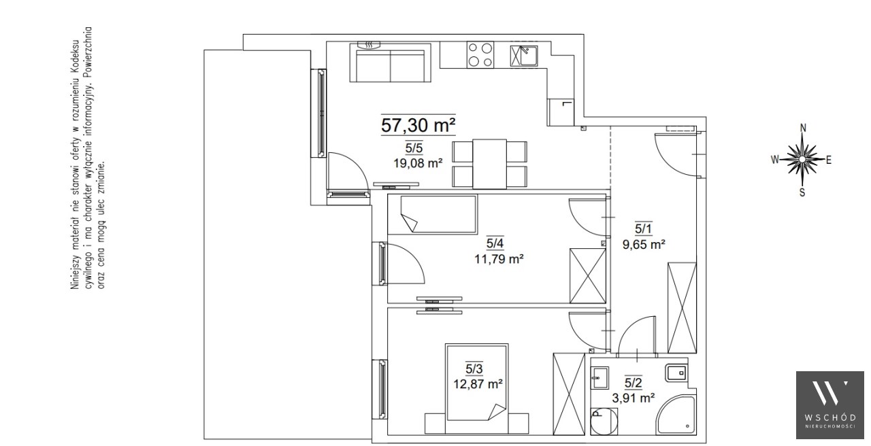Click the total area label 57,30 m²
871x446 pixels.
[418, 125]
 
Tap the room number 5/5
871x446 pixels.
[414, 148]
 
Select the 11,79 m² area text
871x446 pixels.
[499, 259]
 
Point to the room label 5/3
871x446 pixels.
[474, 368]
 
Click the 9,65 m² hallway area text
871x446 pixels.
[644, 244]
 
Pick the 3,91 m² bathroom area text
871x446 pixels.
[633, 398]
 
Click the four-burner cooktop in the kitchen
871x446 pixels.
[480, 55]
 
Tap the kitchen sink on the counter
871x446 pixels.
[524, 56]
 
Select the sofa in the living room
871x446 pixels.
[391, 63]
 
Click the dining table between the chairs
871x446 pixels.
[489, 164]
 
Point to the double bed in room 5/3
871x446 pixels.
[477, 382]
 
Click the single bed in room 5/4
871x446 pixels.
[438, 214]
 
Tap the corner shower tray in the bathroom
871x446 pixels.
[676, 415]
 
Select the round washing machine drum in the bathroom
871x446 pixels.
[604, 421]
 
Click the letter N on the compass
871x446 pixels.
[803, 128]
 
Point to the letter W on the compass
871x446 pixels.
[775, 159]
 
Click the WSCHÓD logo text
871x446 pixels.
[829, 417]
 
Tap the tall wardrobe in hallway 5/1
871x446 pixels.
[682, 308]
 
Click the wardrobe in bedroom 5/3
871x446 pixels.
[569, 394]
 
